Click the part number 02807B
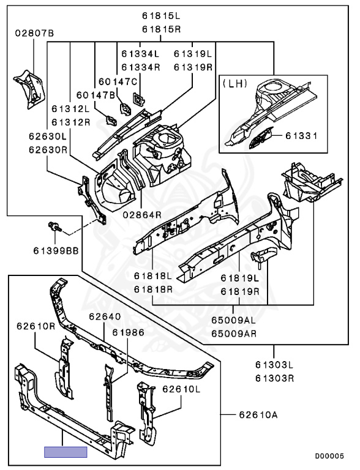coord(34,33)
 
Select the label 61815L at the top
coord(162,16)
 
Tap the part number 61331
coord(301,136)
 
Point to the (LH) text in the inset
coord(235,83)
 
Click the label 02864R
coord(142,215)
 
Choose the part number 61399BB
coord(56,250)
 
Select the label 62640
coord(105,316)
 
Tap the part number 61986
coord(129,332)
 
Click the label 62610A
coord(258,415)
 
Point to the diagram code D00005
coord(329,456)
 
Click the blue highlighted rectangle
coord(66,452)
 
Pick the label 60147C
coord(118,81)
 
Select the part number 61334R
coord(141,67)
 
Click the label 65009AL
coord(234,320)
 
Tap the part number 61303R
coord(274,378)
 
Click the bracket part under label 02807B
coord(29,89)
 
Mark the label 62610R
coord(36,326)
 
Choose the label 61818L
coord(153,276)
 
